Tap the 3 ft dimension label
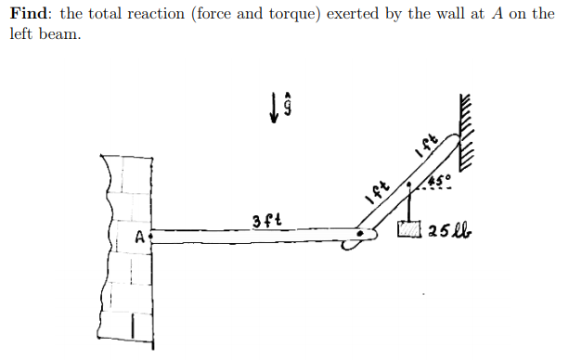tap(265, 221)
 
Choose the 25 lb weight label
tap(450, 228)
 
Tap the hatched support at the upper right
tap(468, 130)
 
